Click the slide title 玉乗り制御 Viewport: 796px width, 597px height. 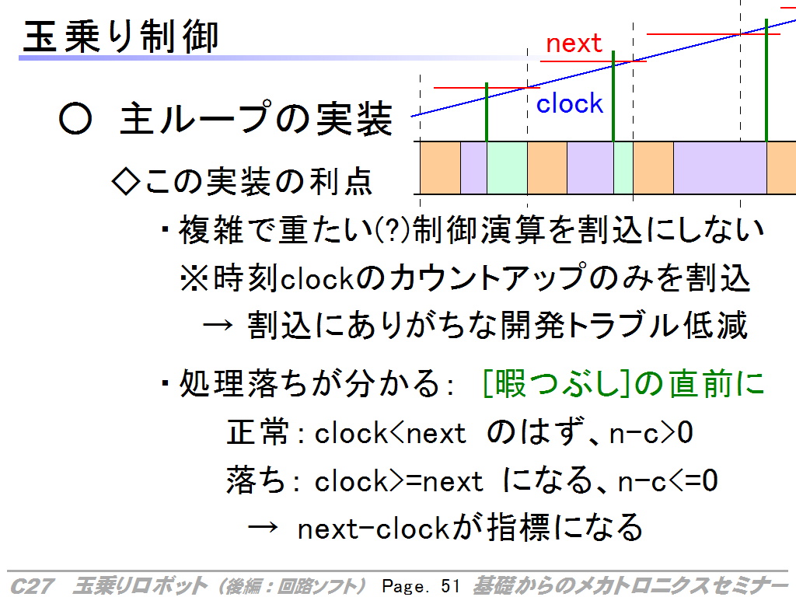[120, 37]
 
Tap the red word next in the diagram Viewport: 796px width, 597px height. [574, 44]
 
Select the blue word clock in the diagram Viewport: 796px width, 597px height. [570, 103]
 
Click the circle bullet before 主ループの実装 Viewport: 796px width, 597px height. [75, 119]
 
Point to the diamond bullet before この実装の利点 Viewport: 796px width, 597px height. [125, 181]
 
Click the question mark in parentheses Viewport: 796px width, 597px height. [393, 230]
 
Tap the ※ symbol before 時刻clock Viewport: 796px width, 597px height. [194, 279]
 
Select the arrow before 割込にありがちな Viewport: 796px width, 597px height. [218, 326]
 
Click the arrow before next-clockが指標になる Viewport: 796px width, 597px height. [263, 528]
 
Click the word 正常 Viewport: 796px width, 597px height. [257, 432]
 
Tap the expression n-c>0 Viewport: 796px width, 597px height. [651, 434]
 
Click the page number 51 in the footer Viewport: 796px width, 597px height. [450, 586]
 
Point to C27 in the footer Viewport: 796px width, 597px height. [31, 586]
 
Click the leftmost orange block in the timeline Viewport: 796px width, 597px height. [440, 168]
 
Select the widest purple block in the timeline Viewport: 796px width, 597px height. [720, 168]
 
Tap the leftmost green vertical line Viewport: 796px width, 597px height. [487, 112]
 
